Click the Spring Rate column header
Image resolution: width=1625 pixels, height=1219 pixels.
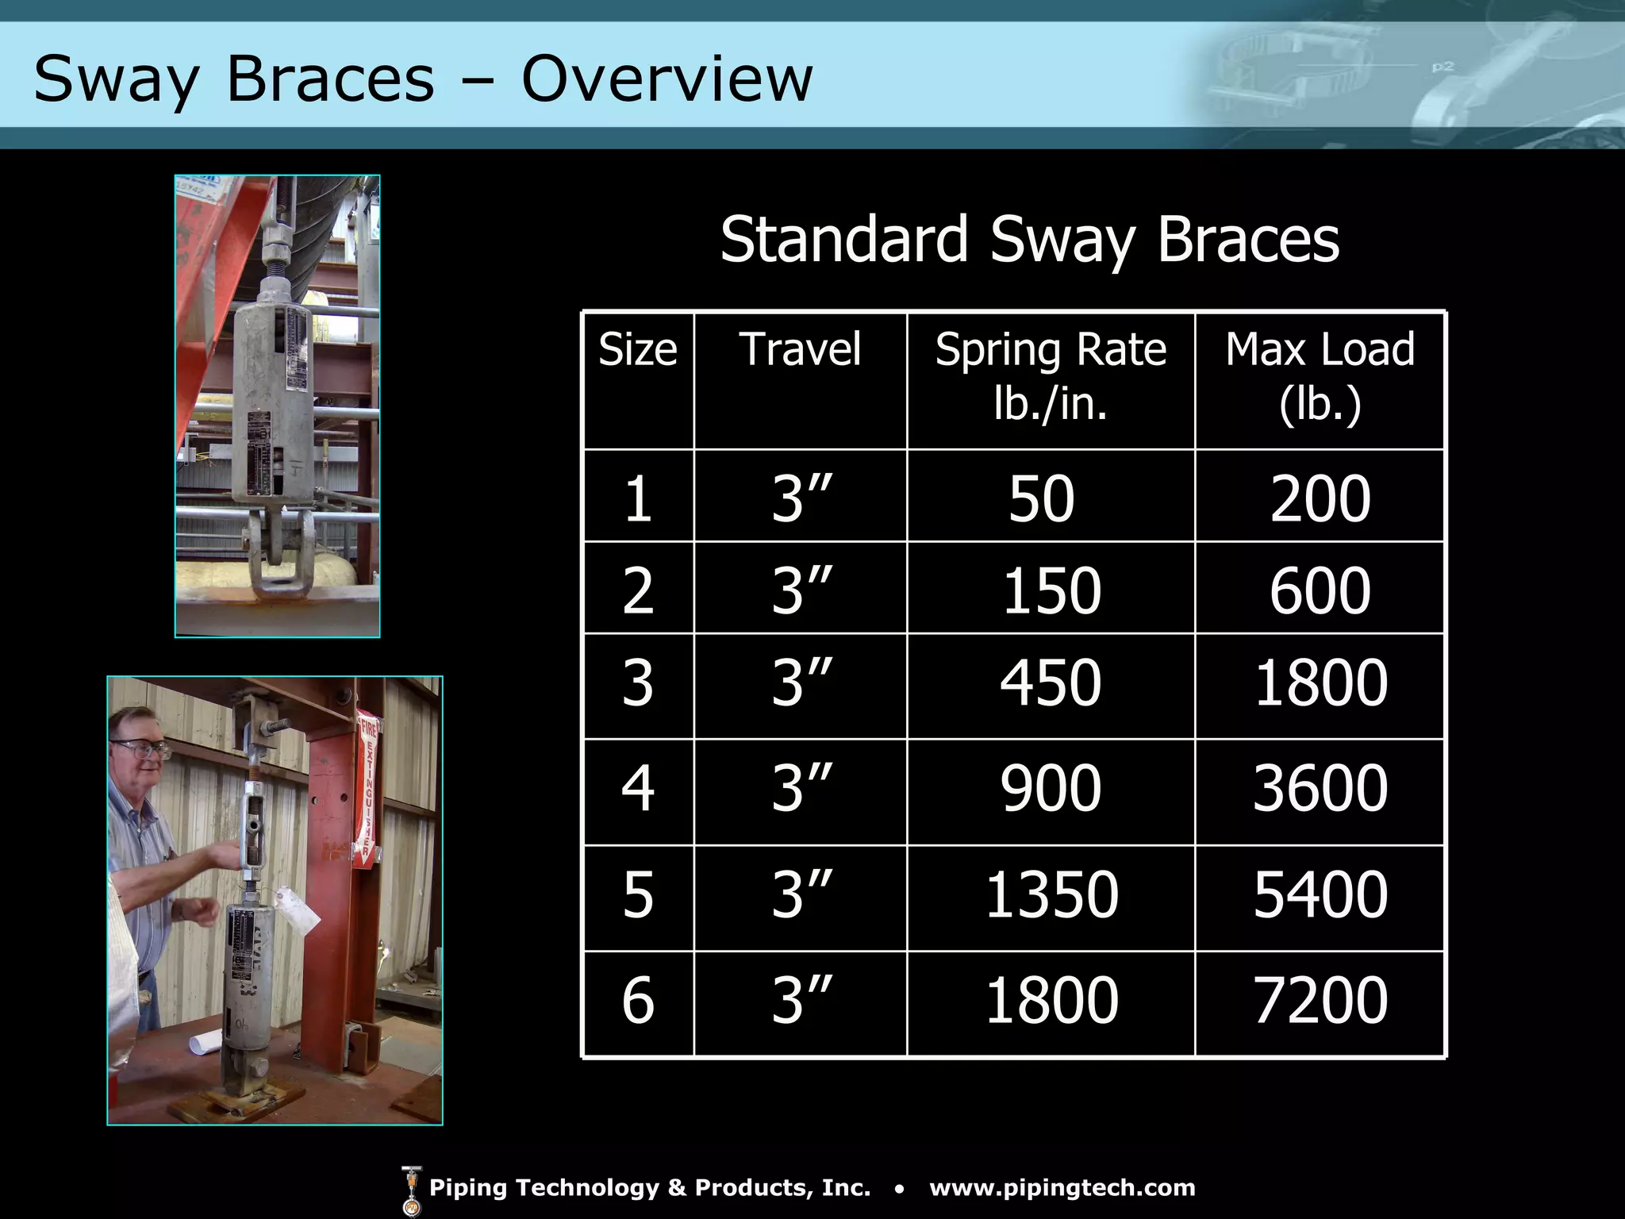(x=1051, y=375)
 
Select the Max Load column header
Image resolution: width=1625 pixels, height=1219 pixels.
(x=1320, y=375)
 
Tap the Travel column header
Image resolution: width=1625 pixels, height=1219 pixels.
(x=800, y=349)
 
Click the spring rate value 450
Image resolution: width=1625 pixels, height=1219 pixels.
(x=1051, y=683)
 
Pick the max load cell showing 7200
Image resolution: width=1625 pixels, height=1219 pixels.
(x=1320, y=1001)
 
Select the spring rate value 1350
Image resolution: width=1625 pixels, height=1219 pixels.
(x=1051, y=895)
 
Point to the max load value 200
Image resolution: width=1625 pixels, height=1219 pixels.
(x=1320, y=499)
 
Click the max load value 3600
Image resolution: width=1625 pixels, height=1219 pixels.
(x=1320, y=789)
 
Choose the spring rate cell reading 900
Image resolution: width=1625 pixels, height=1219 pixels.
(x=1051, y=789)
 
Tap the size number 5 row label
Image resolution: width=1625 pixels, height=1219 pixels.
(x=638, y=895)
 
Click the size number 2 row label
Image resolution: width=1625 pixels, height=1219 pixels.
(x=638, y=591)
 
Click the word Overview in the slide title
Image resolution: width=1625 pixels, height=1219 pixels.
(x=667, y=79)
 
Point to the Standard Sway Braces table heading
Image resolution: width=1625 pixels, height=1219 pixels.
(x=1029, y=239)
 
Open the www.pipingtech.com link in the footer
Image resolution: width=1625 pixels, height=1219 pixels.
(x=1062, y=1188)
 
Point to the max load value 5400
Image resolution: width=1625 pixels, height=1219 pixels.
(x=1320, y=895)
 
